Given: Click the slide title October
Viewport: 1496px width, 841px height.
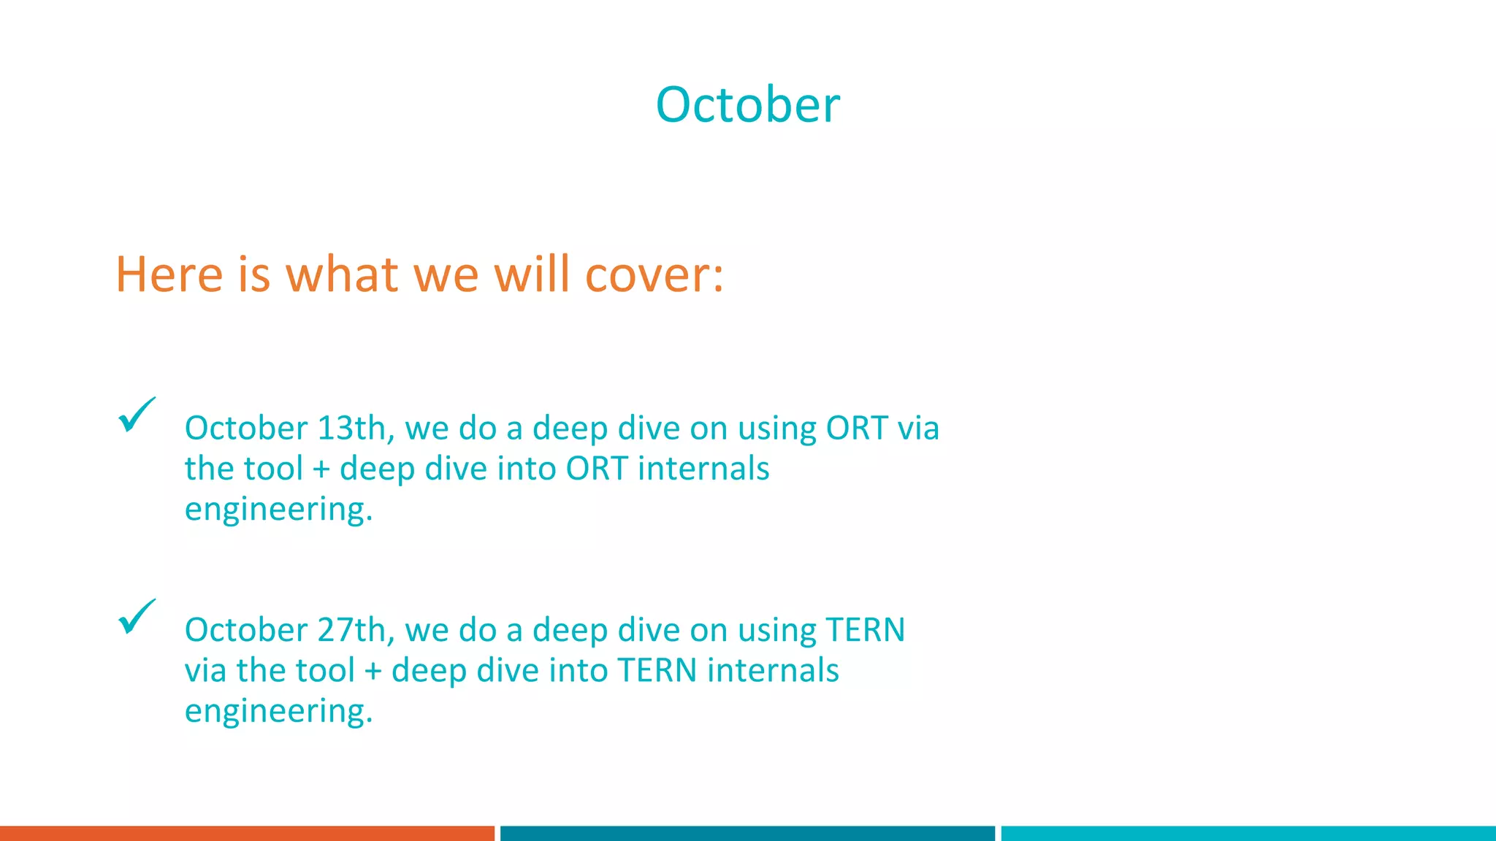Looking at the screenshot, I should [747, 105].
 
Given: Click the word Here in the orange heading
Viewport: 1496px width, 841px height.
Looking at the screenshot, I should [169, 275].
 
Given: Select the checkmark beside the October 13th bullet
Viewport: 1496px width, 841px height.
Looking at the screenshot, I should [136, 415].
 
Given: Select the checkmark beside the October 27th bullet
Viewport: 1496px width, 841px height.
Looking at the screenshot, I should [136, 617].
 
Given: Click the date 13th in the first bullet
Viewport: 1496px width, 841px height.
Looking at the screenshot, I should [351, 428].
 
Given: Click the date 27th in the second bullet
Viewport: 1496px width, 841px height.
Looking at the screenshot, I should [351, 630].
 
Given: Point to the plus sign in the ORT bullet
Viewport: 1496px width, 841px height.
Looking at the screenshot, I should [321, 469].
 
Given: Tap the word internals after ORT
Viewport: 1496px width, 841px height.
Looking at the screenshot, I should [703, 469].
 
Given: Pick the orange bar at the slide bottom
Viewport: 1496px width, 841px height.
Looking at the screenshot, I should [247, 833].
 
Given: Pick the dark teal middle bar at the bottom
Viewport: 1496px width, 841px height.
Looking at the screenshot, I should [747, 833].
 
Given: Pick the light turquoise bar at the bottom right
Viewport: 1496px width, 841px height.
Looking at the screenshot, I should [1248, 833].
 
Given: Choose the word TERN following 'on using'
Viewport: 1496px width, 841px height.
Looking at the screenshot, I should [865, 630].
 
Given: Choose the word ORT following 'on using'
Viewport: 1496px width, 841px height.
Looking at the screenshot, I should [856, 428].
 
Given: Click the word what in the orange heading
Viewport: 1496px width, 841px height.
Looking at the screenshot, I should [342, 275].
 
